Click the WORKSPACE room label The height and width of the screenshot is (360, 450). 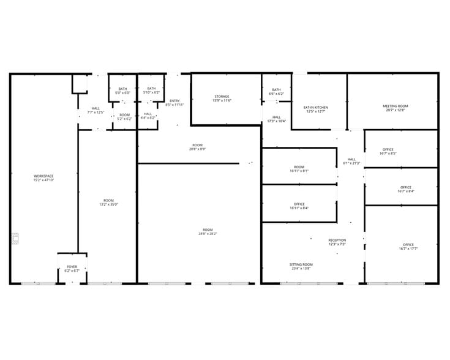pos(43,176)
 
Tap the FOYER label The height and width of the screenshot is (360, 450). pos(72,267)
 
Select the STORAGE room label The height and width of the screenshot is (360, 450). pos(222,96)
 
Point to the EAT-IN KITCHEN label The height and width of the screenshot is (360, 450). pos(316,108)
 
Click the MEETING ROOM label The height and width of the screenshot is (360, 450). pos(396,106)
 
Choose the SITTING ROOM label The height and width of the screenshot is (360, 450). pos(301,264)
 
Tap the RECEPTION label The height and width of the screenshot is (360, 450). pos(337,240)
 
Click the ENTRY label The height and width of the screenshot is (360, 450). pos(174,101)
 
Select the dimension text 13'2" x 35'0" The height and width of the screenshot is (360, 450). pos(108,204)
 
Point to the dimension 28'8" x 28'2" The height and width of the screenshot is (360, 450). pos(208,233)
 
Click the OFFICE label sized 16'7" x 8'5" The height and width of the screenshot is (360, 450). pos(388,149)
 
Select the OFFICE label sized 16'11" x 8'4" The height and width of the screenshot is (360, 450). pos(299,204)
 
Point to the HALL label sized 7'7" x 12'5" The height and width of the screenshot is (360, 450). pos(96,108)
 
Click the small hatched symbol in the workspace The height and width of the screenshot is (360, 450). pos(15,238)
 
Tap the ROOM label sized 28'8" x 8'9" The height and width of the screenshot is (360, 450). pos(197,145)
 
